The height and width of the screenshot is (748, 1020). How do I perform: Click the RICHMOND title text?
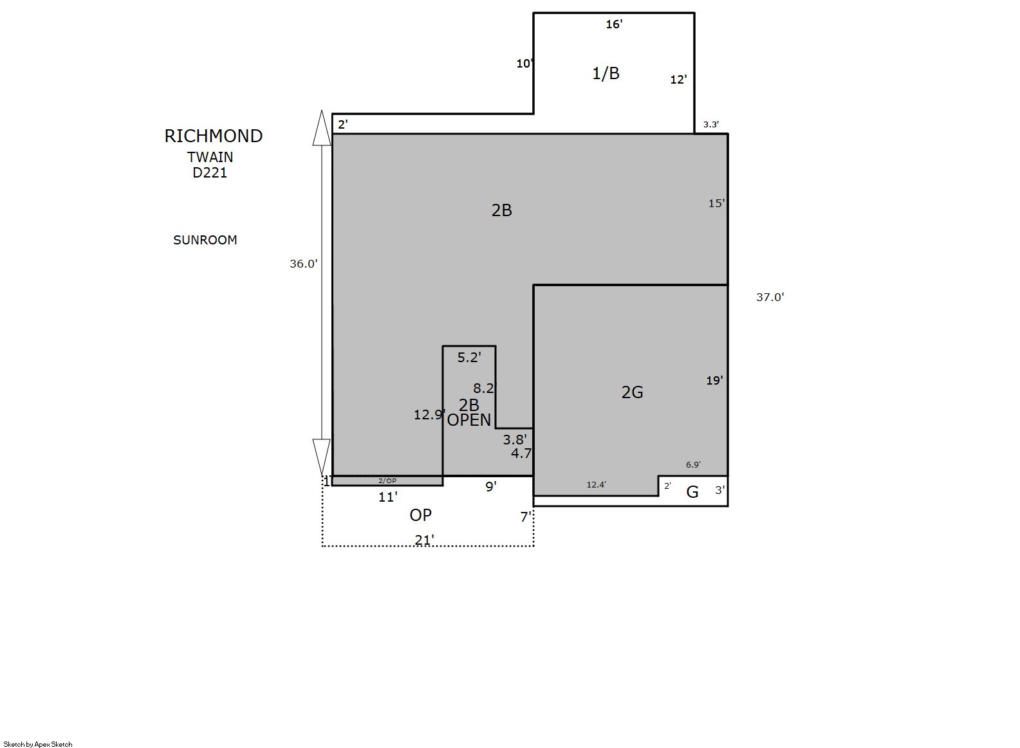pyautogui.click(x=214, y=136)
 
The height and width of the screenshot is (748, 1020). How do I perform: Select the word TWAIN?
pyautogui.click(x=210, y=157)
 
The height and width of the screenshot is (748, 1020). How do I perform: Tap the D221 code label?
pyautogui.click(x=209, y=172)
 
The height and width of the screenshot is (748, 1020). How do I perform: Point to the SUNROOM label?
pyautogui.click(x=205, y=240)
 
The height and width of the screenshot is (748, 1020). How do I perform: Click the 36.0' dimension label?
pyautogui.click(x=303, y=264)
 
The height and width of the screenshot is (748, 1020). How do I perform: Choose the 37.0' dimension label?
pyautogui.click(x=770, y=297)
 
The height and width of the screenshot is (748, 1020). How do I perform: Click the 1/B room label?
pyautogui.click(x=606, y=73)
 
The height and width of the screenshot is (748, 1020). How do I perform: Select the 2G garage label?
pyautogui.click(x=632, y=392)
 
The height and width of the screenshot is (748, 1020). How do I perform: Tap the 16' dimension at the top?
pyautogui.click(x=614, y=24)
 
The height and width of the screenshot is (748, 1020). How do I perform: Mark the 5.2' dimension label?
pyautogui.click(x=469, y=358)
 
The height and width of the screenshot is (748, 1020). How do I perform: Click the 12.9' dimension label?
pyautogui.click(x=429, y=414)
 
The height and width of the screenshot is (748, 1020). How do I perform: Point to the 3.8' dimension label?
pyautogui.click(x=515, y=439)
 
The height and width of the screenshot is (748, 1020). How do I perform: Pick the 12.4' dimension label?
pyautogui.click(x=596, y=484)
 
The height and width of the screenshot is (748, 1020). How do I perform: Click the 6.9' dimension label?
pyautogui.click(x=693, y=464)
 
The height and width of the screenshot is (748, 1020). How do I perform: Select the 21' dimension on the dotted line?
pyautogui.click(x=424, y=540)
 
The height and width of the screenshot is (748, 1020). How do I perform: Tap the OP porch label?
pyautogui.click(x=420, y=515)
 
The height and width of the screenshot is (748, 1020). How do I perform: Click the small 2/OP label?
pyautogui.click(x=387, y=480)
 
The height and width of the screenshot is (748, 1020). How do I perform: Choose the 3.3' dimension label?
pyautogui.click(x=711, y=124)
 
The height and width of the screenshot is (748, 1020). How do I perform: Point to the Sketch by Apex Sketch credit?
pyautogui.click(x=38, y=744)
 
